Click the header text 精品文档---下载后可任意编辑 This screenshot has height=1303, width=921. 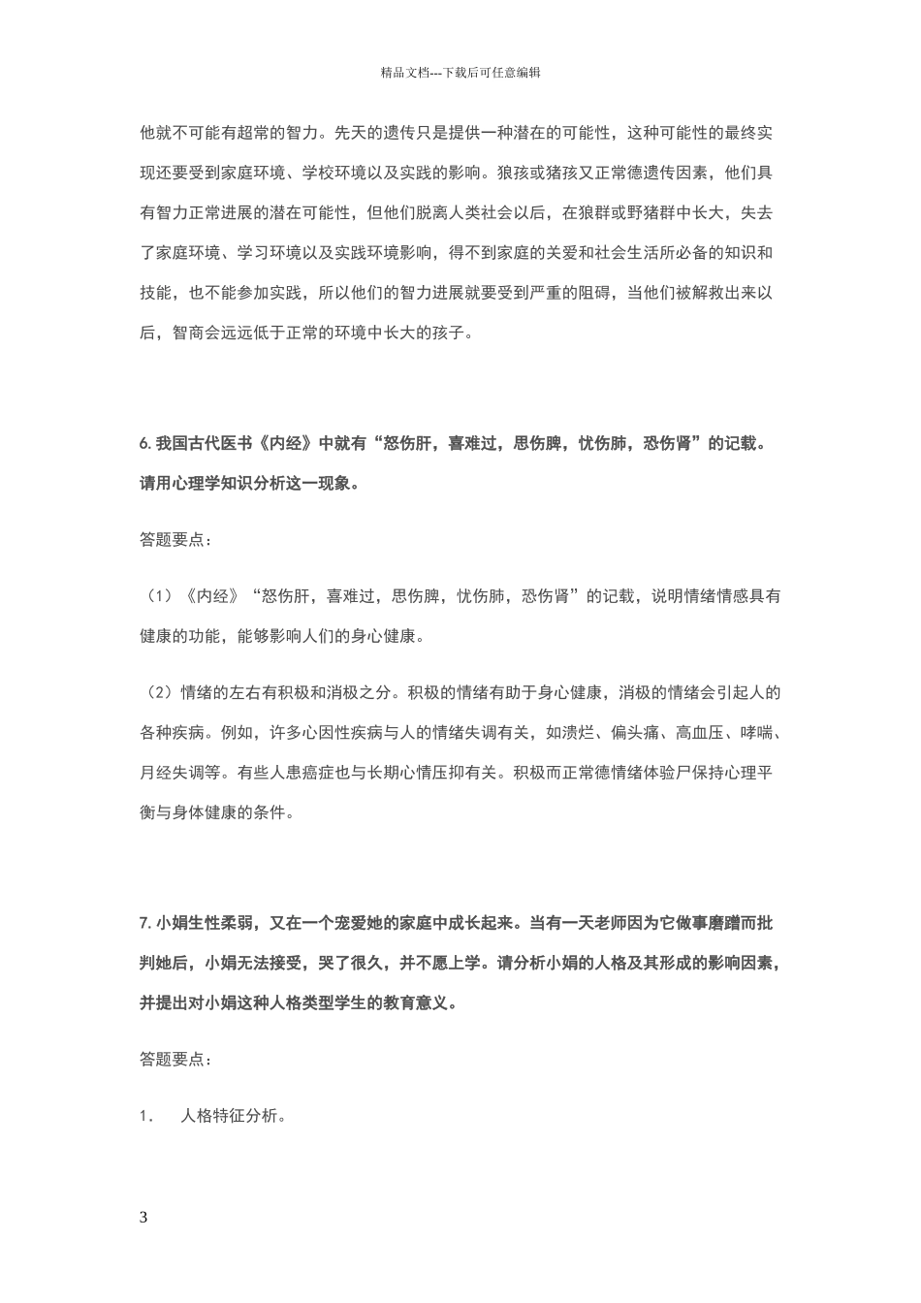pos(460,72)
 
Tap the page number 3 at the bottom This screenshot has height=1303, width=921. pos(144,1217)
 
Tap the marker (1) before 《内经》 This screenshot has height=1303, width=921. pos(159,595)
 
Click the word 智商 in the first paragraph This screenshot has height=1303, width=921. pos(189,333)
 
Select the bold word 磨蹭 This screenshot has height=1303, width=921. pos(721,923)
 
